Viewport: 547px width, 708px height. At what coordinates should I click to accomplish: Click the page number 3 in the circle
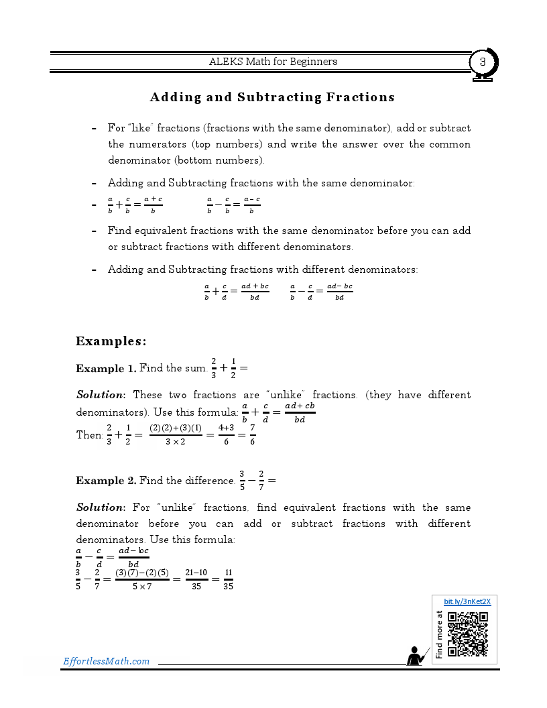(x=482, y=62)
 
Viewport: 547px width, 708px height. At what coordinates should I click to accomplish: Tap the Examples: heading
(x=111, y=341)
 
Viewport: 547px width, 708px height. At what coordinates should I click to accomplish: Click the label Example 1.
(x=105, y=368)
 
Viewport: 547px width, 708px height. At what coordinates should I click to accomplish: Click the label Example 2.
(x=106, y=481)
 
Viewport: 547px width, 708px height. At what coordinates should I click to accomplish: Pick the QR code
(x=467, y=634)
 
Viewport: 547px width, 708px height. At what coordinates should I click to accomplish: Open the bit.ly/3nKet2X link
(x=467, y=601)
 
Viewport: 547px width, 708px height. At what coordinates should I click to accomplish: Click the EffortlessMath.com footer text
(x=106, y=661)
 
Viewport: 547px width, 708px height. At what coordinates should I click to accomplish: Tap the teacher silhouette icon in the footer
(x=417, y=656)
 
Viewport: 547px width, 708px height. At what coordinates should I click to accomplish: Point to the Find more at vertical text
(x=439, y=634)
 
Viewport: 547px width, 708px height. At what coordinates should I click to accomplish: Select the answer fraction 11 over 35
(x=228, y=579)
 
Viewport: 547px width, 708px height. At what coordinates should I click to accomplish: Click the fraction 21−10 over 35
(x=196, y=579)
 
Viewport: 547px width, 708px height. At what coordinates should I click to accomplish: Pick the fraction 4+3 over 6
(x=225, y=434)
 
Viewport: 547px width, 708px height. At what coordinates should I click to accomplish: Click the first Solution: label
(x=101, y=395)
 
